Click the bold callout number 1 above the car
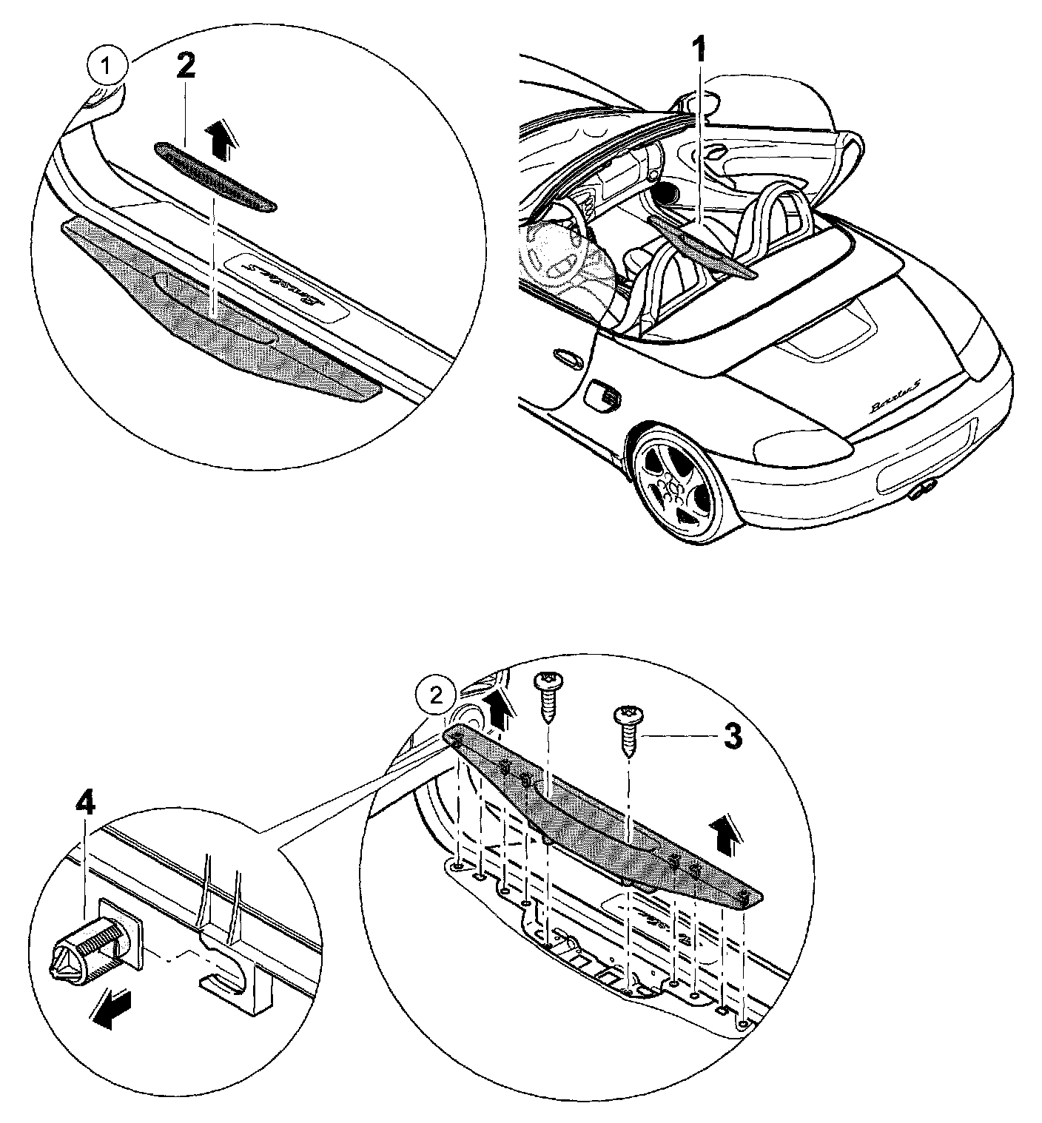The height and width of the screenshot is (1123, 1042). tap(699, 54)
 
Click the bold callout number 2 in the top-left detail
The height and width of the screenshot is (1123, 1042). tap(186, 66)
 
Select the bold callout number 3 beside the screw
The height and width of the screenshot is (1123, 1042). tap(732, 736)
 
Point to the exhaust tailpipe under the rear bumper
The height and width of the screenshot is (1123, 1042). tap(922, 488)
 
